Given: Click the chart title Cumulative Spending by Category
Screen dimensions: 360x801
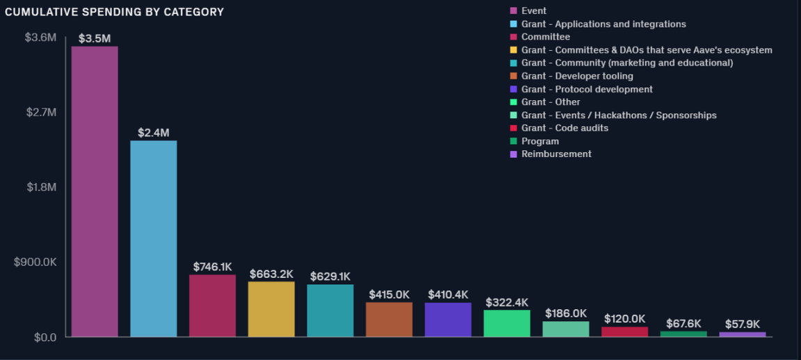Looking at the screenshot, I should [x=114, y=12].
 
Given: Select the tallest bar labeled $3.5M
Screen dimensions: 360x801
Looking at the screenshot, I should [x=95, y=192].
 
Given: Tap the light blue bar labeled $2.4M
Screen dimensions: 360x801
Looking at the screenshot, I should [x=154, y=239].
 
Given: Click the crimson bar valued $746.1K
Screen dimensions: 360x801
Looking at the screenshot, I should [x=212, y=306].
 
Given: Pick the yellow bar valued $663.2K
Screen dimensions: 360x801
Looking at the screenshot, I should [x=271, y=309].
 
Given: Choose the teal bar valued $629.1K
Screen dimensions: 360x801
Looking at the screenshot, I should [x=330, y=311].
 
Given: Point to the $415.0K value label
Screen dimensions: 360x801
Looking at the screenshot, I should [x=389, y=295].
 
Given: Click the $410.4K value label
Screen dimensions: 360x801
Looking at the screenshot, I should [x=448, y=295].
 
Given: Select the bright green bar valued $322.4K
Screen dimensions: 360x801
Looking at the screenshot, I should [x=507, y=323].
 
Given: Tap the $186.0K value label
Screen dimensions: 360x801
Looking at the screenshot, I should [x=565, y=313].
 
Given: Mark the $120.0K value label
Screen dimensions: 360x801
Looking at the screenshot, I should [x=624, y=319].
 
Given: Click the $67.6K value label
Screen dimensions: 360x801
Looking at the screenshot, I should [x=683, y=324].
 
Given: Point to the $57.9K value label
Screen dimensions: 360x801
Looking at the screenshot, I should [x=742, y=325].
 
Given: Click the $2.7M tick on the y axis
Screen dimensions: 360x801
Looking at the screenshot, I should [x=40, y=112].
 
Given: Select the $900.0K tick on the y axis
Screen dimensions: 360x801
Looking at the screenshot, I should [x=35, y=262].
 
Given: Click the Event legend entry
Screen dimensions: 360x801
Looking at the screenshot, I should [x=533, y=11].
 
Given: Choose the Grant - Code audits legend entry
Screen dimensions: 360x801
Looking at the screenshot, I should [x=565, y=128].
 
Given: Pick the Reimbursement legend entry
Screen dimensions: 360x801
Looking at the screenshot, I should [x=556, y=154].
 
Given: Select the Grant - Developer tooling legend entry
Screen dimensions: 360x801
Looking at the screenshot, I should [x=577, y=76].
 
